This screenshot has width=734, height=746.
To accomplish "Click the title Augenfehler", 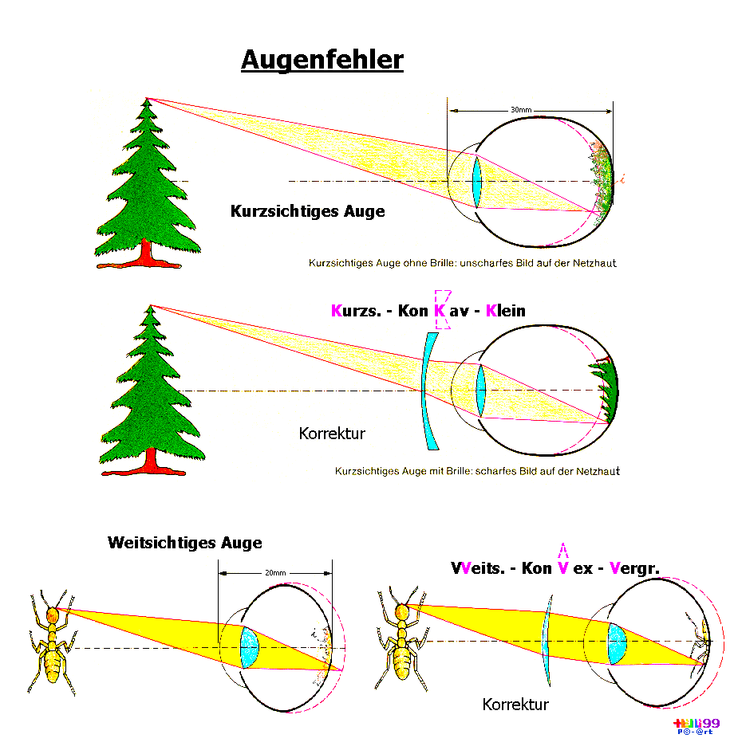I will (x=322, y=60).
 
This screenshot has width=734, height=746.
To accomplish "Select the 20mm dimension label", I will (x=275, y=572).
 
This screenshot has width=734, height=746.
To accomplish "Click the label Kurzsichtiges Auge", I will (x=307, y=211).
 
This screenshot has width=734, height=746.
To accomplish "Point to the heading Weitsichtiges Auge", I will (x=184, y=543).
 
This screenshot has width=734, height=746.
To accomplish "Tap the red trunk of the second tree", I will (x=150, y=461).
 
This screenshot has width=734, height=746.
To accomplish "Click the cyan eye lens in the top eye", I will (x=477, y=182).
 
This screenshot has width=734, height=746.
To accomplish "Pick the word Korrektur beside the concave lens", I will (x=332, y=434).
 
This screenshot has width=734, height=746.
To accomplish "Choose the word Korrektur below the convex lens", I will (x=515, y=705).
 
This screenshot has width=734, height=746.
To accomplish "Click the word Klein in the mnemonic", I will (x=505, y=310).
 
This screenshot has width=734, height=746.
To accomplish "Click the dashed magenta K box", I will (x=442, y=308).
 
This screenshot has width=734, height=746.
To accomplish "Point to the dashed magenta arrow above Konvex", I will (x=563, y=552).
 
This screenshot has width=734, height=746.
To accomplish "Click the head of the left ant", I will (x=53, y=614).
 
